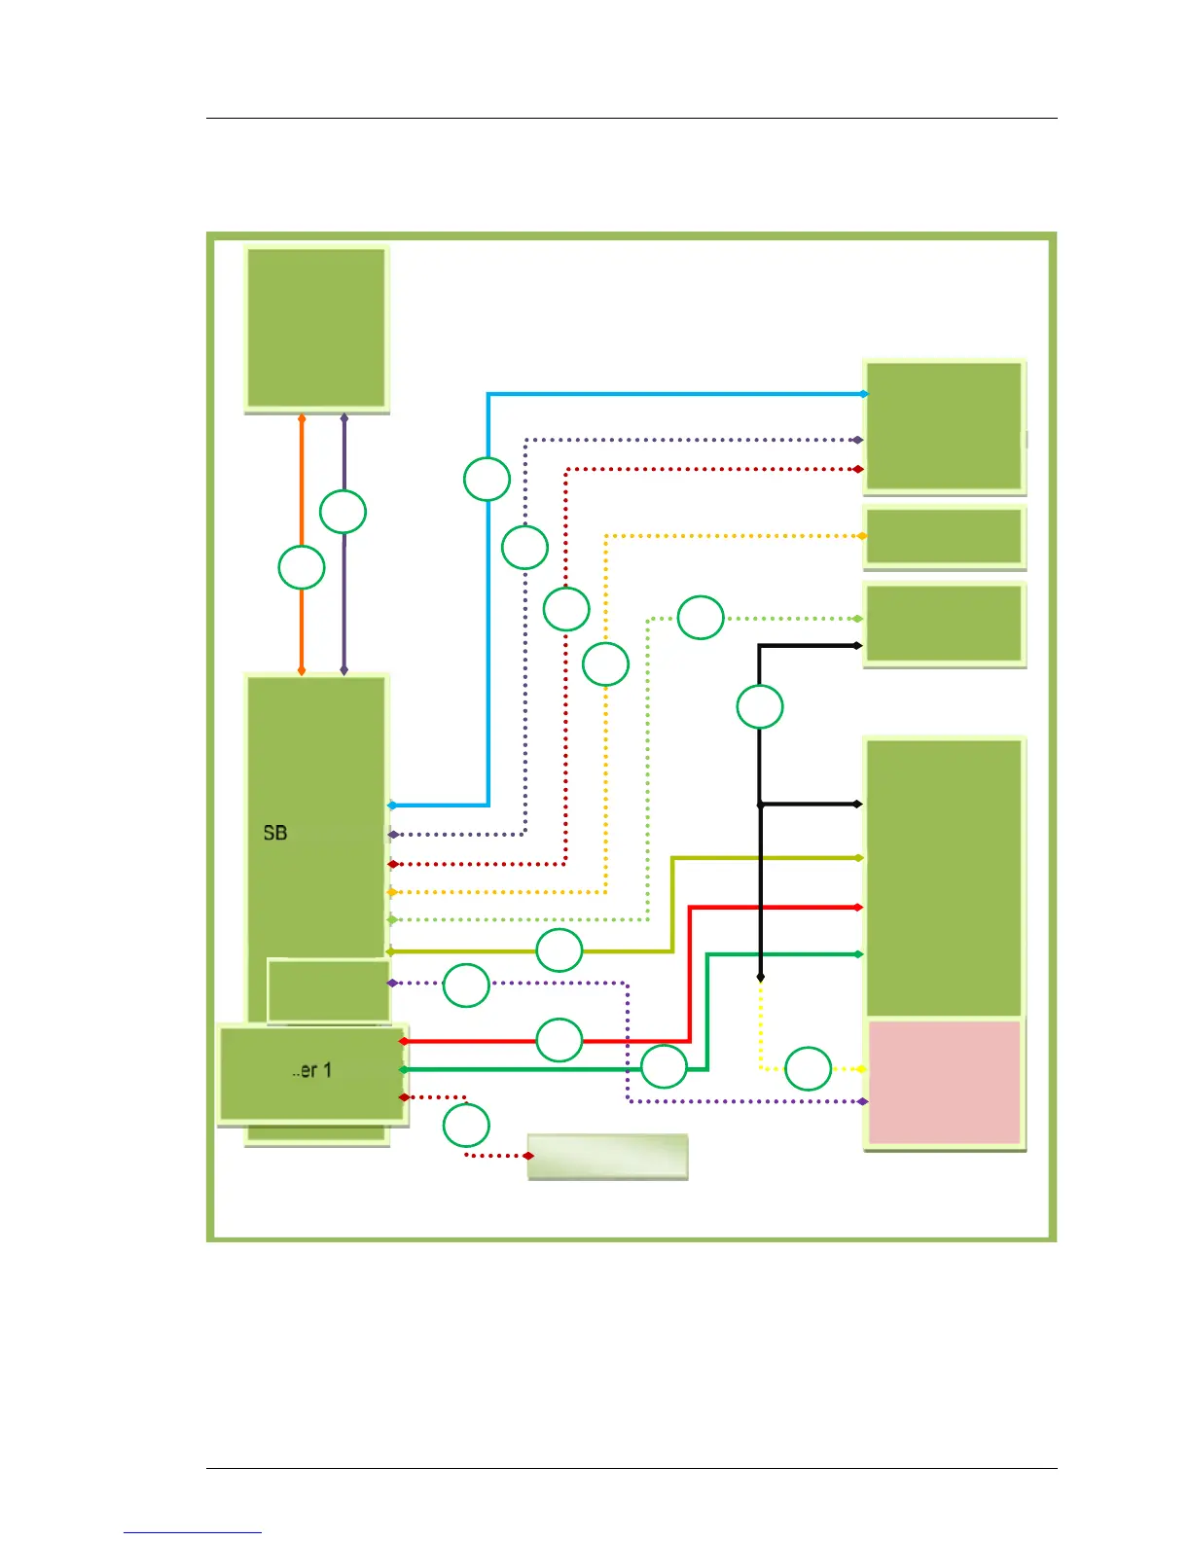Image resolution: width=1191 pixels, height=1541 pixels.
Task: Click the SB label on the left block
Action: [x=275, y=833]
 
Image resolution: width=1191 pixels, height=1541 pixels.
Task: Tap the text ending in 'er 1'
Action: [x=312, y=1070]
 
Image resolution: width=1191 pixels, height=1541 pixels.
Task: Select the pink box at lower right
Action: [x=944, y=1082]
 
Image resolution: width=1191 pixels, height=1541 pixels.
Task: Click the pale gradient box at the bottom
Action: [x=607, y=1156]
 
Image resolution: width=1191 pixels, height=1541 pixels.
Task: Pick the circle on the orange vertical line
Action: [x=302, y=567]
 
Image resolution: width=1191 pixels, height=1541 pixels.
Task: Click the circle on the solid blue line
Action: [x=487, y=479]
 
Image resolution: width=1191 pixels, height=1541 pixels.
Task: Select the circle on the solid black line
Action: [x=760, y=706]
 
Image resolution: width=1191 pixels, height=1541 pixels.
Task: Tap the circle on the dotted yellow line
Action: [x=808, y=1068]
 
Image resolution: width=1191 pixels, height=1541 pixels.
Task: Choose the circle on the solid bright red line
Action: [x=559, y=1040]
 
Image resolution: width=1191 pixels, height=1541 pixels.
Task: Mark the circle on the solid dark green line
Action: [x=665, y=1067]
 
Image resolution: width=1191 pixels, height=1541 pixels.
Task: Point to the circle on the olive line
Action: [x=559, y=950]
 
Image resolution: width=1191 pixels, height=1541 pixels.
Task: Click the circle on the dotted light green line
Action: [x=701, y=618]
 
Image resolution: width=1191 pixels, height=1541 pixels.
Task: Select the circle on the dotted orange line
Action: [x=605, y=664]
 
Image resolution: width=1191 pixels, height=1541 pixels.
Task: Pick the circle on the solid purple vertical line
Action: [x=343, y=512]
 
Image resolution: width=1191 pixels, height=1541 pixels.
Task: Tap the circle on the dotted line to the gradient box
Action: [x=466, y=1126]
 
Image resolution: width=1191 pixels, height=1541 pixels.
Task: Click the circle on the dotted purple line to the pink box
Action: [x=466, y=986]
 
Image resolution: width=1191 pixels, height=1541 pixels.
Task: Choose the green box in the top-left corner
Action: [x=316, y=328]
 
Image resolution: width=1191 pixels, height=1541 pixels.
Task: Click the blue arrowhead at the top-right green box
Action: [x=863, y=394]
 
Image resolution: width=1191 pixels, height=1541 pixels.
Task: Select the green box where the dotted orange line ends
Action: [x=944, y=536]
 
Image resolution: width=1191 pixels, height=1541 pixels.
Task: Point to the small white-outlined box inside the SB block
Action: [x=329, y=990]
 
